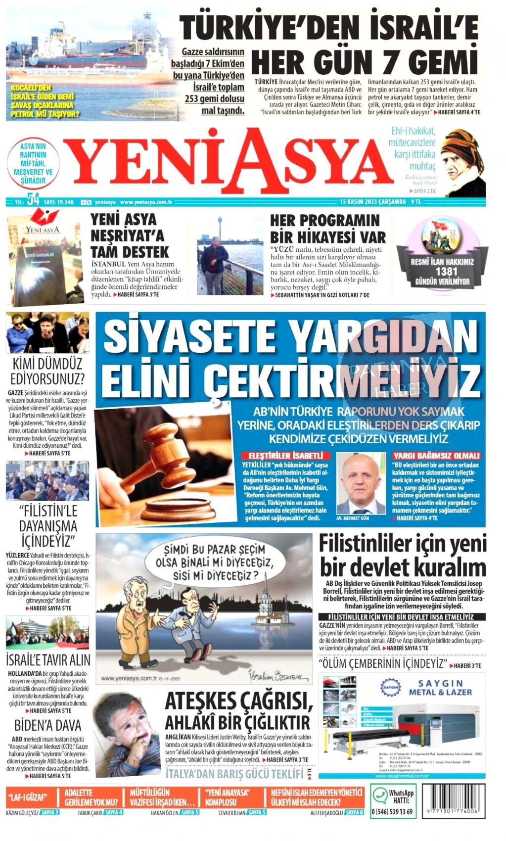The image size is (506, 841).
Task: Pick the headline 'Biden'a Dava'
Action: [x=47, y=725]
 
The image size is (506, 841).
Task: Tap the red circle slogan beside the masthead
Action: [x=33, y=163]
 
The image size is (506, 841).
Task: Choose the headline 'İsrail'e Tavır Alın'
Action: [x=48, y=660]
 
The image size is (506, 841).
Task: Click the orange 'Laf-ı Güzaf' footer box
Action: [x=33, y=798]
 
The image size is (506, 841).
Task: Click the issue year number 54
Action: [x=34, y=200]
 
